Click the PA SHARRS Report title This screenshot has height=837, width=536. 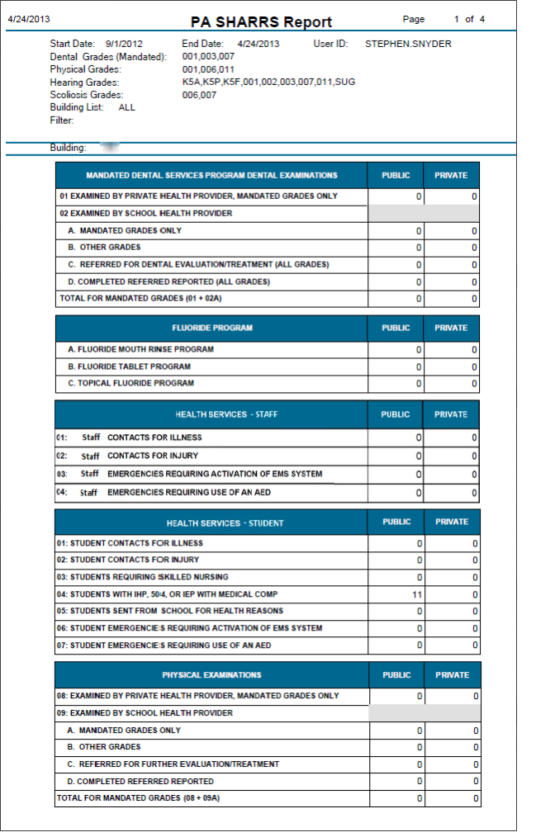tap(261, 22)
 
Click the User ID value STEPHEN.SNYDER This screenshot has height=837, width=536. tap(408, 44)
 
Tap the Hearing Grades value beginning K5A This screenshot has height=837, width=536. tap(268, 82)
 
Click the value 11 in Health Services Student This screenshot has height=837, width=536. tap(417, 594)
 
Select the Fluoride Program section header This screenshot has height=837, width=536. tap(212, 328)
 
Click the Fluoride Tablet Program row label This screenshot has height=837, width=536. tap(129, 366)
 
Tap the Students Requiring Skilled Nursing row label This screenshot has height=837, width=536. tap(142, 577)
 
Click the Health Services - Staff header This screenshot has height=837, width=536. tap(212, 414)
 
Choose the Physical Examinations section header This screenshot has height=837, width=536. tap(211, 675)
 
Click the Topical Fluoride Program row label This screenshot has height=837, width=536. tap(130, 383)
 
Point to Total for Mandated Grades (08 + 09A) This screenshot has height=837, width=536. tap(138, 798)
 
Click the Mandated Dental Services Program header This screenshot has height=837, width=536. tap(211, 175)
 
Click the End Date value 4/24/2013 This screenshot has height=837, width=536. tap(258, 44)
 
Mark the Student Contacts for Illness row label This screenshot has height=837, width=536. tap(130, 543)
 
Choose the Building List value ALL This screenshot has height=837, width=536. tap(126, 107)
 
